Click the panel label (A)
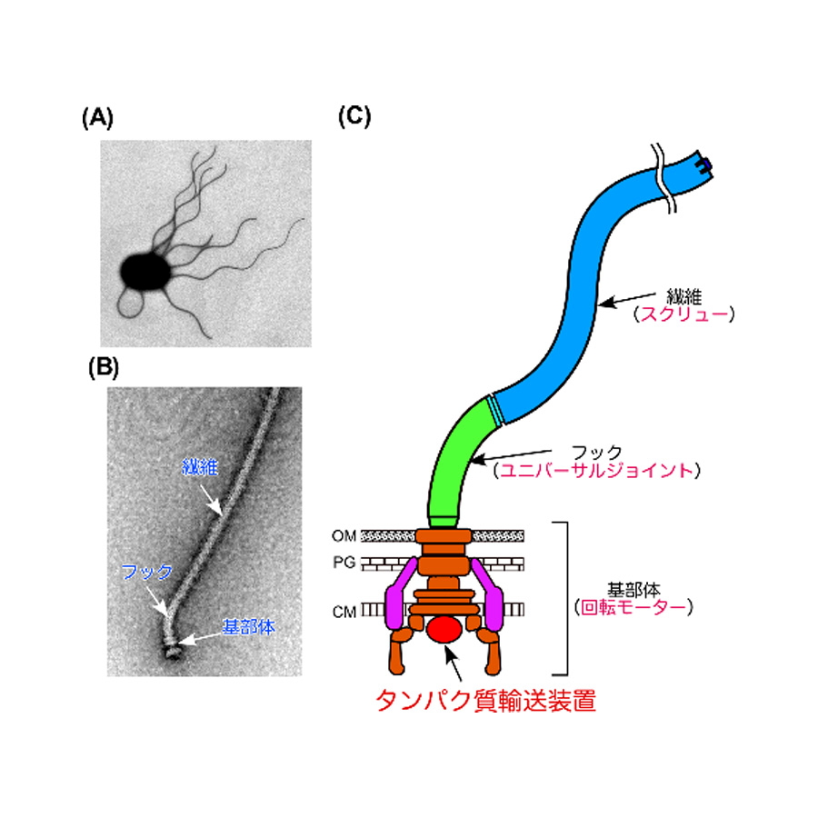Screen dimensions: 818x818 click(x=97, y=118)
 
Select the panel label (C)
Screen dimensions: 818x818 click(x=354, y=118)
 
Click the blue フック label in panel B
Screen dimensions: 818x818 click(x=145, y=572)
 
